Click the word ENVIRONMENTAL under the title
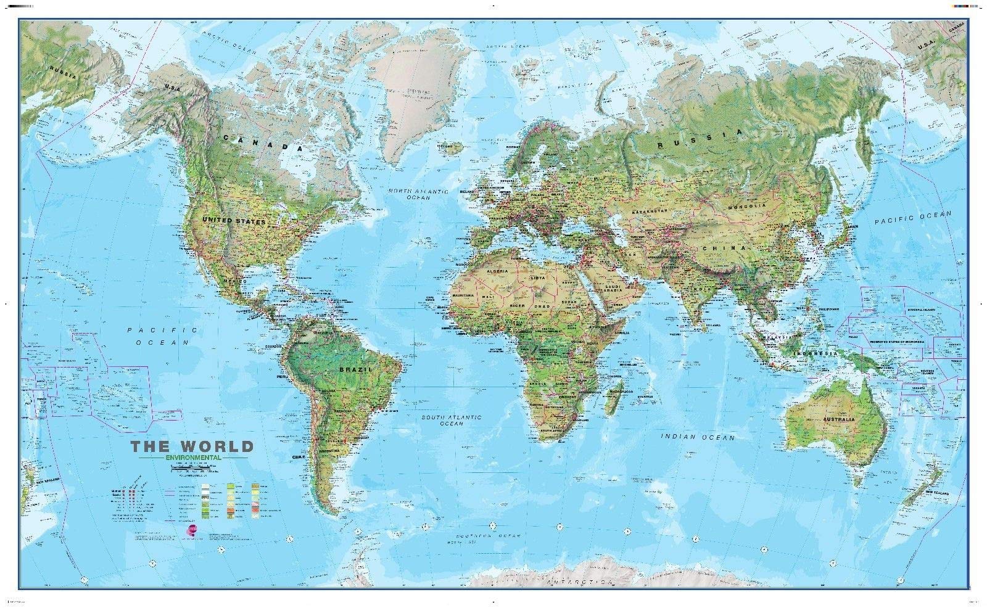[193, 457]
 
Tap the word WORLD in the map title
[217, 446]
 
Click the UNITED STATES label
[234, 220]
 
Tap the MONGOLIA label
[747, 206]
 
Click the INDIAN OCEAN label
[698, 437]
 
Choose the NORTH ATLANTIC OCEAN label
[418, 195]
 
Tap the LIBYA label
[539, 277]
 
